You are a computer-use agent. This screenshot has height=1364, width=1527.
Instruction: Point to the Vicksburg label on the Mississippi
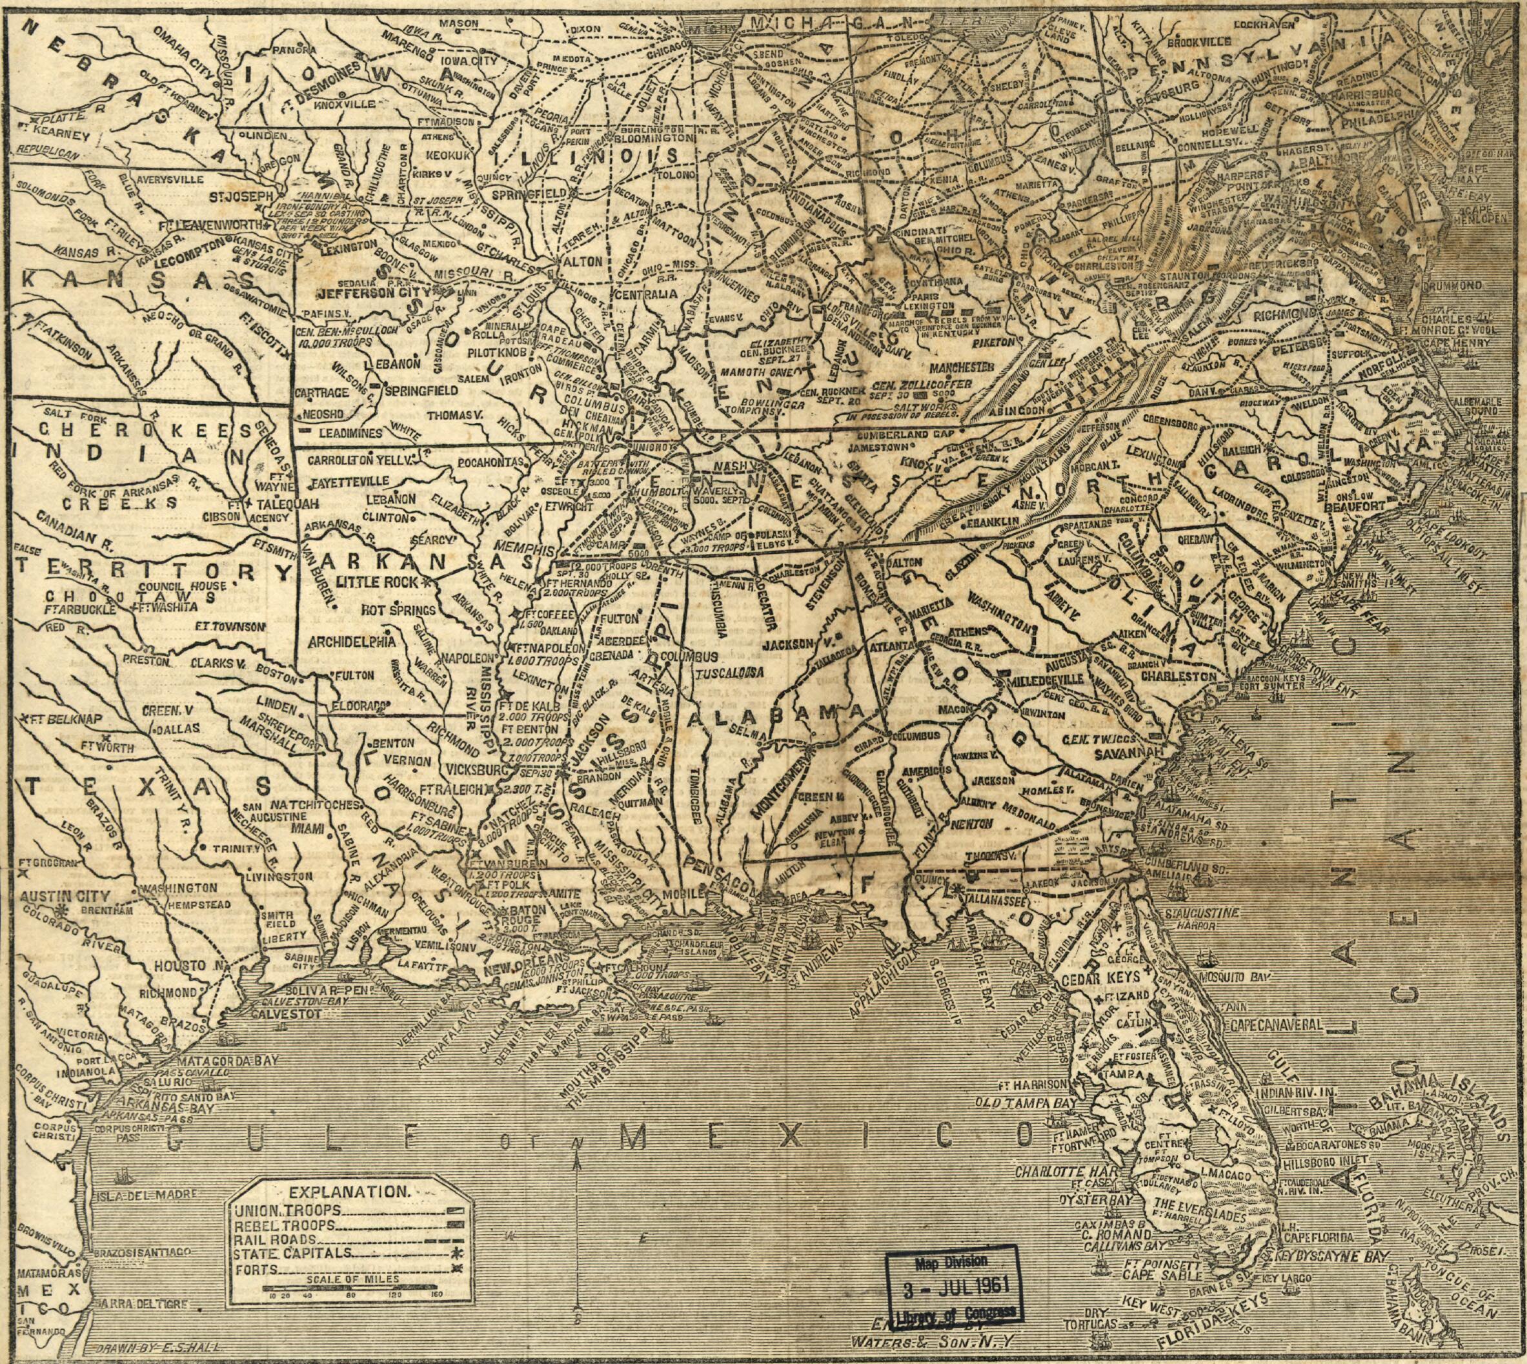(x=467, y=769)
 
